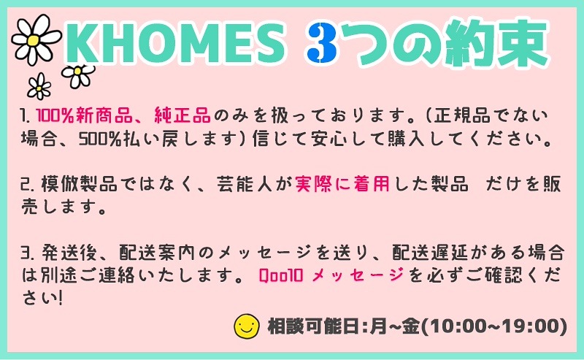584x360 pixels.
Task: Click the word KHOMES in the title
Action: (x=174, y=43)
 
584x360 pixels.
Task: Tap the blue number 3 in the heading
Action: (x=322, y=43)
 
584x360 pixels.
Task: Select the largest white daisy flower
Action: (x=36, y=39)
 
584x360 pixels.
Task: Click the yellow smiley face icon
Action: (x=246, y=326)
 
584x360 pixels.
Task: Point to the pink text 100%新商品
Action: (x=84, y=115)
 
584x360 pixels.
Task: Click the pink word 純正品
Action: (x=182, y=115)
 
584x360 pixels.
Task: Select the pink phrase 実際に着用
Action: (x=342, y=184)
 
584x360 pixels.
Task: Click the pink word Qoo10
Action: (x=281, y=275)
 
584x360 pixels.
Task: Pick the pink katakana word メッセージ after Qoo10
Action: (x=358, y=275)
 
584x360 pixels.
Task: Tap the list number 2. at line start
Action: (x=28, y=185)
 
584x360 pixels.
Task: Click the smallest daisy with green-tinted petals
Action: (x=39, y=86)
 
